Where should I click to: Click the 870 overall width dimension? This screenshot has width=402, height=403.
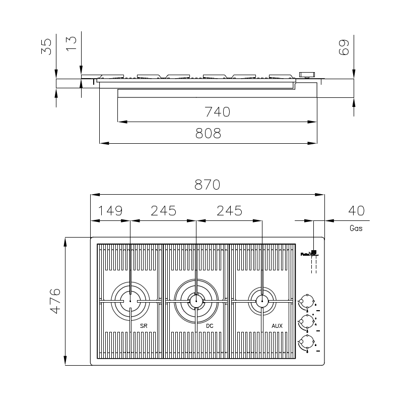pyautogui.click(x=207, y=185)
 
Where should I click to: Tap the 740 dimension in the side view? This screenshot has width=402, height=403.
pyautogui.click(x=217, y=112)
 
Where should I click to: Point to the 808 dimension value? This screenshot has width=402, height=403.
pyautogui.click(x=208, y=133)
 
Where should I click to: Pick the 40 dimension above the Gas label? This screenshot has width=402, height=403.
pyautogui.click(x=356, y=210)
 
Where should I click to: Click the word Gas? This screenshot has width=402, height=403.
pyautogui.click(x=356, y=228)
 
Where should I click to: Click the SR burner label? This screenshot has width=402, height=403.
pyautogui.click(x=144, y=326)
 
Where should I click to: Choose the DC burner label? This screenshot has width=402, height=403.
pyautogui.click(x=210, y=326)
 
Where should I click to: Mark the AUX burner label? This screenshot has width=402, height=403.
pyautogui.click(x=277, y=326)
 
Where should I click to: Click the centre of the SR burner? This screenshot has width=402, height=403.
pyautogui.click(x=130, y=301)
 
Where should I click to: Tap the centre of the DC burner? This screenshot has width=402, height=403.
pyautogui.click(x=196, y=301)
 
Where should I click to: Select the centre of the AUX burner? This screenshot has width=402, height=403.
pyautogui.click(x=261, y=301)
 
